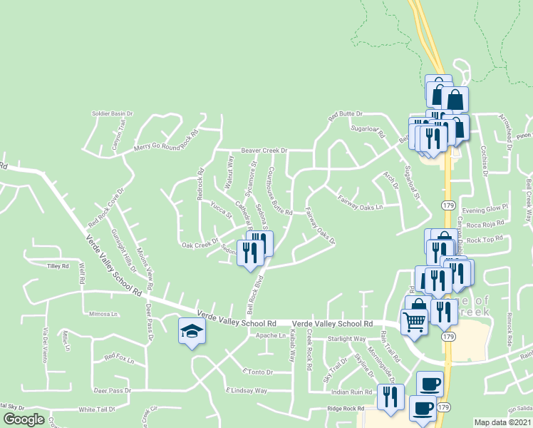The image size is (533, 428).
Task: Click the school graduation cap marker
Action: [x=191, y=330]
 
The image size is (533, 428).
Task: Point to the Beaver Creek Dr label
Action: [x=263, y=151]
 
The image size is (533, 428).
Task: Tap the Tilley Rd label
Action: [x=57, y=266]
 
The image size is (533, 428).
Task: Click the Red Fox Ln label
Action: [x=118, y=357]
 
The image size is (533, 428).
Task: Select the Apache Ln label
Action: [x=271, y=335]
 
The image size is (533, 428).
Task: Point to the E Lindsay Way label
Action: [x=247, y=391]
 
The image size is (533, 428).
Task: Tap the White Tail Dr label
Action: [x=97, y=410]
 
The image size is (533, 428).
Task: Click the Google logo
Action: [x=24, y=419]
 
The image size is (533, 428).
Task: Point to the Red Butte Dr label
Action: [x=345, y=114]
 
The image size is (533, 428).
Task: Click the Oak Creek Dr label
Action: [x=199, y=244]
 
